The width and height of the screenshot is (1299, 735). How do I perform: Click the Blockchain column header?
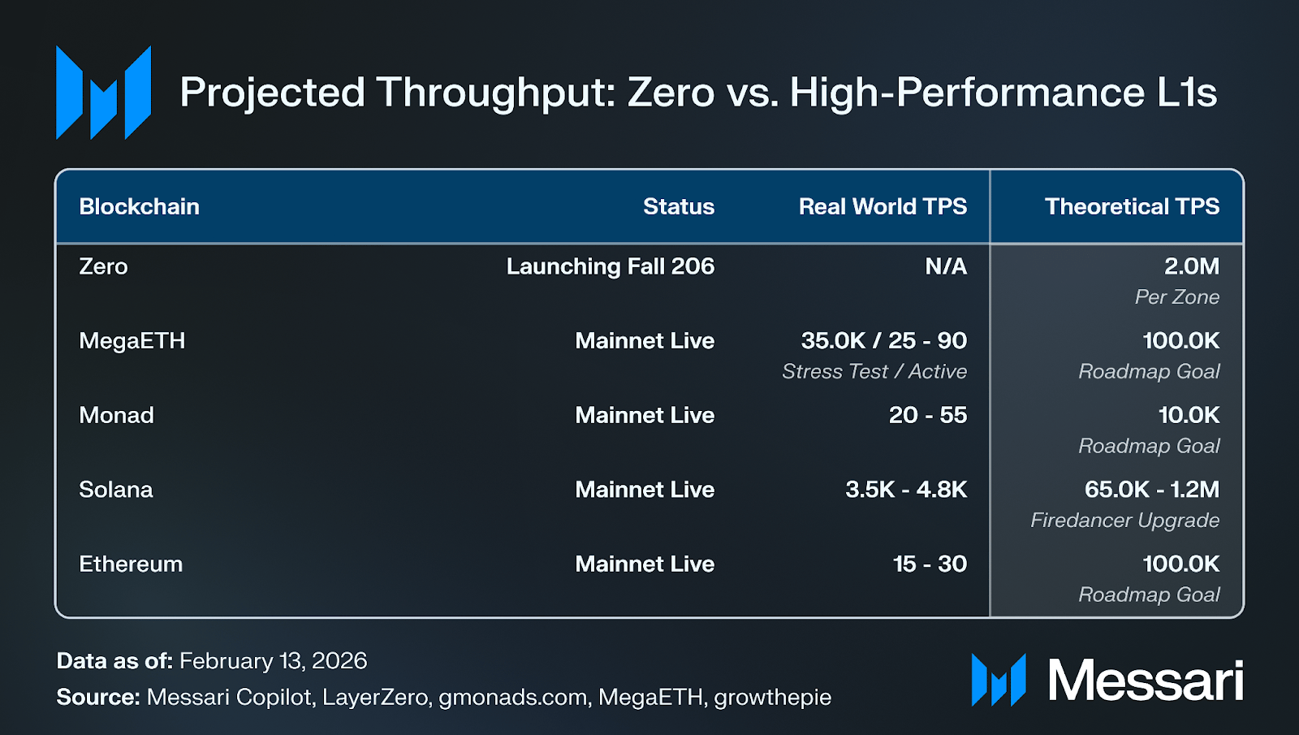pyautogui.click(x=139, y=206)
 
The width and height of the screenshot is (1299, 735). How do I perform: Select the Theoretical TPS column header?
pyautogui.click(x=1132, y=206)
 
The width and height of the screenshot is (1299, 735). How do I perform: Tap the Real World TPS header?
pyautogui.click(x=883, y=206)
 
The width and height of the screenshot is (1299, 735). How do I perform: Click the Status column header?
pyautogui.click(x=679, y=206)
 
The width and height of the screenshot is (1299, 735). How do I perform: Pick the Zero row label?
pyautogui.click(x=103, y=266)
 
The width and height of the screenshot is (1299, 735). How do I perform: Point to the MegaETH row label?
pyautogui.click(x=132, y=340)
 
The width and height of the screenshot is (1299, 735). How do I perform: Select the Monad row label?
pyautogui.click(x=117, y=415)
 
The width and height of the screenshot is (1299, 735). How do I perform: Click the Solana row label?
pyautogui.click(x=116, y=490)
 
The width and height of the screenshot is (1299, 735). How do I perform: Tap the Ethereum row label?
pyautogui.click(x=131, y=564)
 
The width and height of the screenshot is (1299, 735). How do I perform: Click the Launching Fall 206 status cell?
pyautogui.click(x=610, y=266)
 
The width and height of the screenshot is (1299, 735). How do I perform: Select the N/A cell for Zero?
pyautogui.click(x=946, y=266)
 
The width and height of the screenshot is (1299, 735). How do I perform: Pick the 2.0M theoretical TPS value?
pyautogui.click(x=1192, y=266)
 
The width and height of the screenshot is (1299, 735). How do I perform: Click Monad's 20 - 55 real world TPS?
pyautogui.click(x=928, y=415)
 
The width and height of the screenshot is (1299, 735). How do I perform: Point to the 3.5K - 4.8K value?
pyautogui.click(x=906, y=490)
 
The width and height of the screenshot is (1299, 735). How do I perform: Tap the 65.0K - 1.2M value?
pyautogui.click(x=1152, y=490)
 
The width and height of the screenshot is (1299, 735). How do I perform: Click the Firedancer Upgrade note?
pyautogui.click(x=1125, y=521)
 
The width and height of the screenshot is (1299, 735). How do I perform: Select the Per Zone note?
pyautogui.click(x=1177, y=297)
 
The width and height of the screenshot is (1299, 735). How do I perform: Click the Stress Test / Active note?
pyautogui.click(x=874, y=371)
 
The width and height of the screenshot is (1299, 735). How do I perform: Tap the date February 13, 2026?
pyautogui.click(x=273, y=661)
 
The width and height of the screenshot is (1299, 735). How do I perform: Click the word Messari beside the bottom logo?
pyautogui.click(x=1146, y=680)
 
